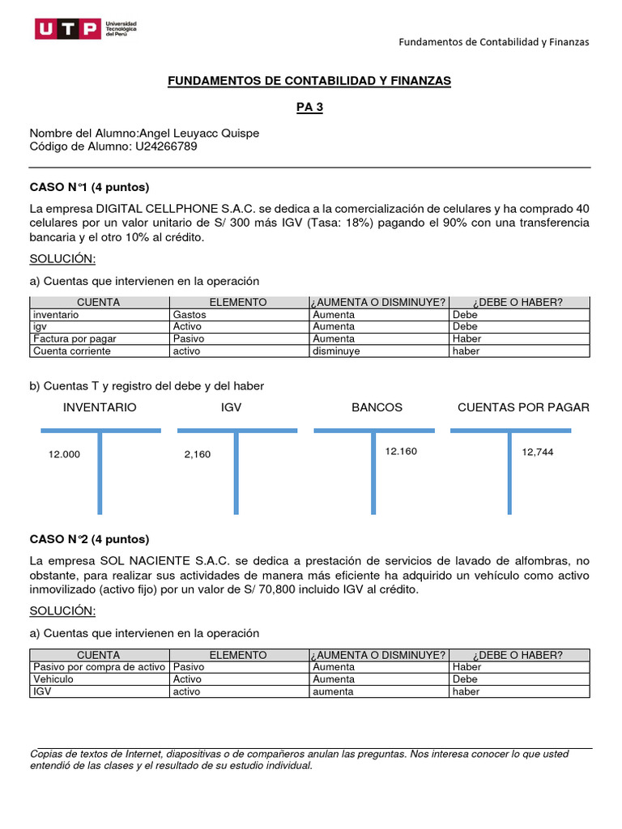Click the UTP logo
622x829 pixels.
coord(86,30)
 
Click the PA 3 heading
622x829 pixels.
coord(309,108)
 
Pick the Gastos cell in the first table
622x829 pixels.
coord(190,314)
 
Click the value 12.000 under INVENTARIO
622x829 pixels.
coord(65,454)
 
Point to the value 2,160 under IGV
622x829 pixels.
coord(197,454)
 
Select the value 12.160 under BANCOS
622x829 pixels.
coord(401,451)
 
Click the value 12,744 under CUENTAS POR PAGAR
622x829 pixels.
coord(538,453)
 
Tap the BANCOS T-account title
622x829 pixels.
coord(377,407)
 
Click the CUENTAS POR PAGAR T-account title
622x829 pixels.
coord(523,407)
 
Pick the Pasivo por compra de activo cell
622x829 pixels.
coord(98,667)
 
